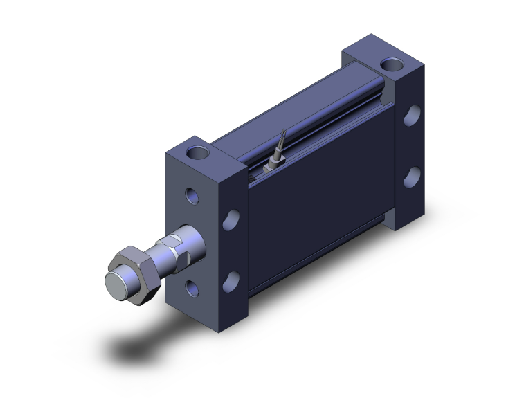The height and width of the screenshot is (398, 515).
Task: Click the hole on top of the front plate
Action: tap(199, 152)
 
